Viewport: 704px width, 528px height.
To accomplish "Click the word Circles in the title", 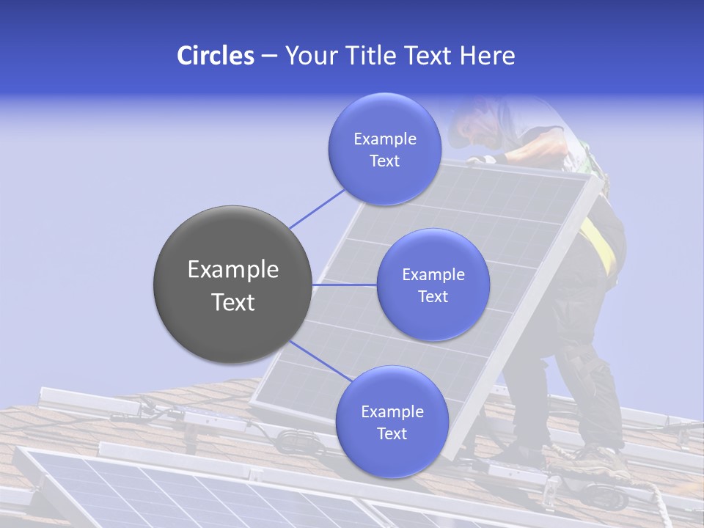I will pos(216,56).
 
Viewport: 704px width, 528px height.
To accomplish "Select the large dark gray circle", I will pos(232,285).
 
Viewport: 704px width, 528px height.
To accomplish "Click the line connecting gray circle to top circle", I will pos(317,208).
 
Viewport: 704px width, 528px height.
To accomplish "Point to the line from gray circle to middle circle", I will pos(344,285).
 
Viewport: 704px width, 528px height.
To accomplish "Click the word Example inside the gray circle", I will pos(232,270).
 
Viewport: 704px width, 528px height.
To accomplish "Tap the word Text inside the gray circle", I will pos(232,302).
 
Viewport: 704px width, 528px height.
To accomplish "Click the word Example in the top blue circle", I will pos(384,139).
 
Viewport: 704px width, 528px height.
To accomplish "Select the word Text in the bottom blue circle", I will pos(392,433).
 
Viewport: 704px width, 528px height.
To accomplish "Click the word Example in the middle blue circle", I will pos(433,275).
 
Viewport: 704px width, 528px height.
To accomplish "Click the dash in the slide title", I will pos(269,56).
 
